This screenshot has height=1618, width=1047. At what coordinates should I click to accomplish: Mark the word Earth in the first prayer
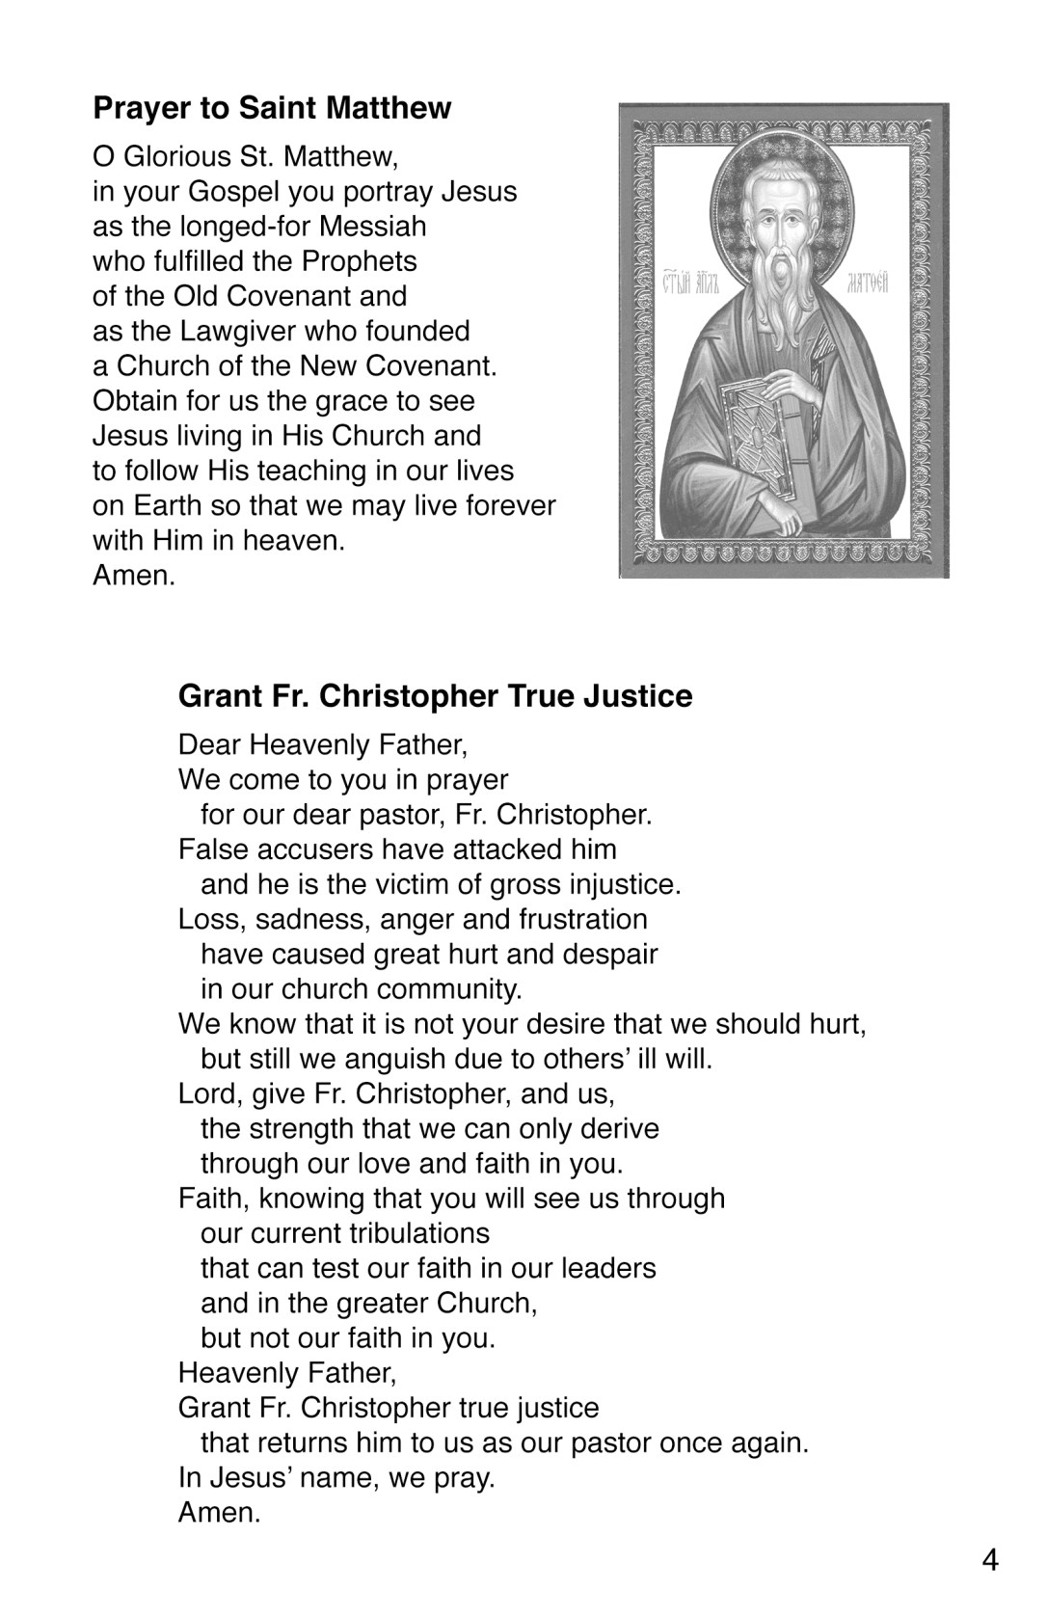point(159,505)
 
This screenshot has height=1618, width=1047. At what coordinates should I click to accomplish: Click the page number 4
point(990,1560)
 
